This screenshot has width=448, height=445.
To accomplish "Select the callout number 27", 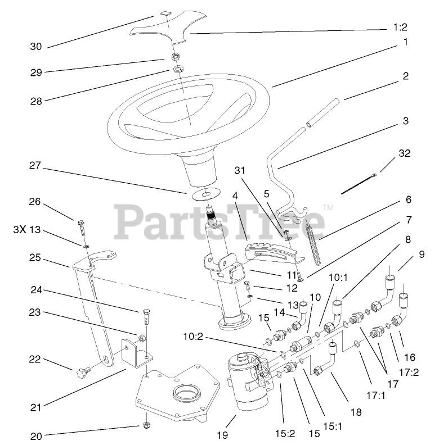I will (35, 165).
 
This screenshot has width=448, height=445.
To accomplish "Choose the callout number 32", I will (404, 153).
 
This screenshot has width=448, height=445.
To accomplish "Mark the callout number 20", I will (35, 434).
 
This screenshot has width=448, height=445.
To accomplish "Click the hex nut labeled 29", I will (175, 57).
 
